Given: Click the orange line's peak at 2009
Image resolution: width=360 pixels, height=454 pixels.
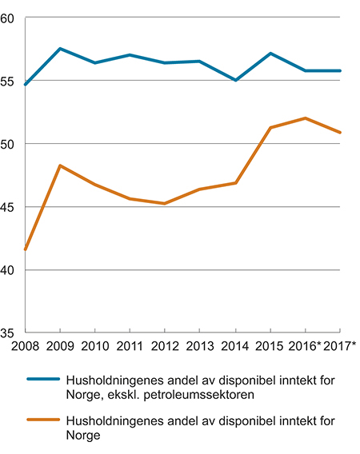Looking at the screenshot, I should click(60, 165).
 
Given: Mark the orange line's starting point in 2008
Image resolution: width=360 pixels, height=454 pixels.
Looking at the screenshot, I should click(26, 250).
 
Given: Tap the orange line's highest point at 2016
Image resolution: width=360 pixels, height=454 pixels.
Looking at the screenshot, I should click(306, 118).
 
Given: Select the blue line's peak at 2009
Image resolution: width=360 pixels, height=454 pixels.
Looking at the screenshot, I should click(60, 49).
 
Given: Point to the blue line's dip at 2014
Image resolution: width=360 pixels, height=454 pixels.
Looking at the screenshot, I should click(235, 80).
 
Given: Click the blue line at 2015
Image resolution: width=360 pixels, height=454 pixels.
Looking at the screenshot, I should click(270, 54).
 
